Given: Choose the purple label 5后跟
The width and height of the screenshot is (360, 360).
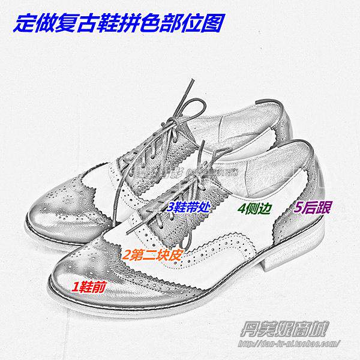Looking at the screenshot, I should click(315, 207).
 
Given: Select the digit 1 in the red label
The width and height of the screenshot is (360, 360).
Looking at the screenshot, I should click(76, 287).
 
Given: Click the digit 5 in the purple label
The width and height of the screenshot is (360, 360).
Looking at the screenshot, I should click(298, 207).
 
